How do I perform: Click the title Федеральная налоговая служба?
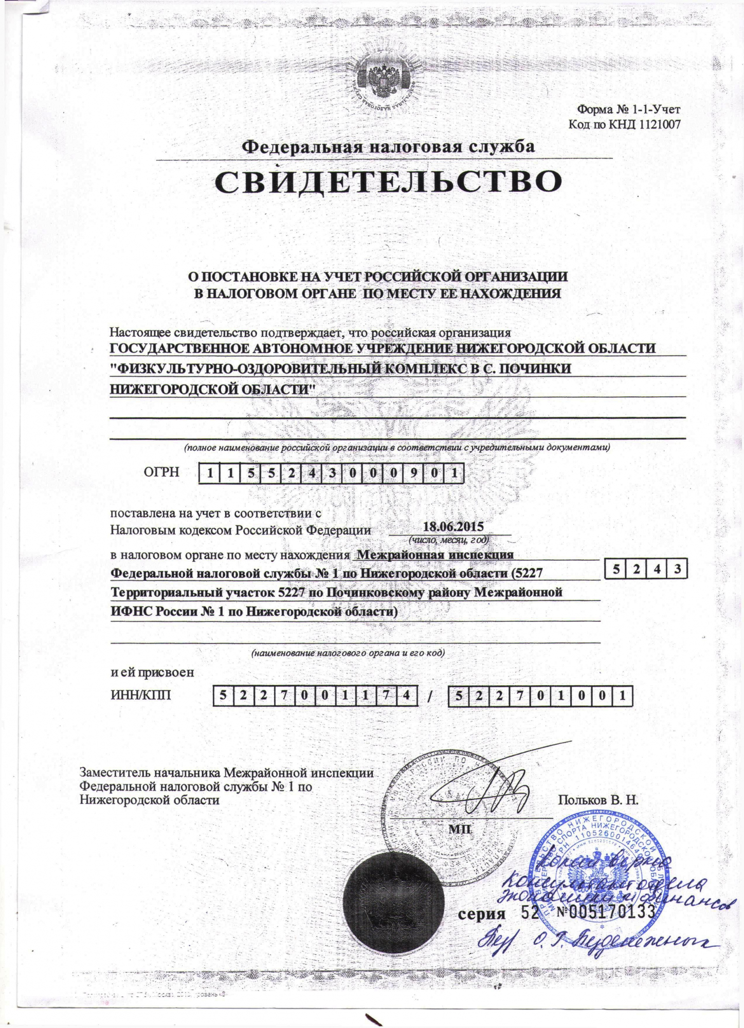tap(388, 146)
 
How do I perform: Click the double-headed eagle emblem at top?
tap(385, 80)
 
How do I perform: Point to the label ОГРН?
tap(162, 472)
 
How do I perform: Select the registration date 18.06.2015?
tap(453, 526)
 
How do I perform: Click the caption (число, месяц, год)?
tap(448, 540)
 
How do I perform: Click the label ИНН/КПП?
tap(141, 696)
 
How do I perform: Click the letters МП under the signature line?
tap(459, 828)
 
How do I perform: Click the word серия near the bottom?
tap(481, 913)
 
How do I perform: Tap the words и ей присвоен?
tap(153, 672)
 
